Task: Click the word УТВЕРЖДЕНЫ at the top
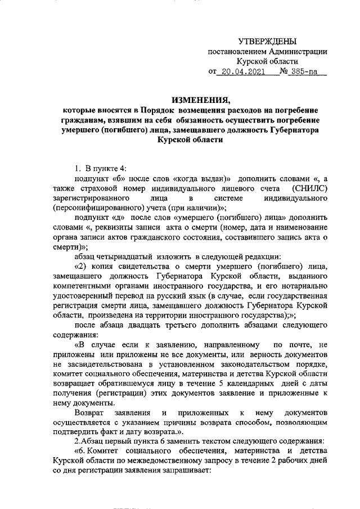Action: pos(267,41)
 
